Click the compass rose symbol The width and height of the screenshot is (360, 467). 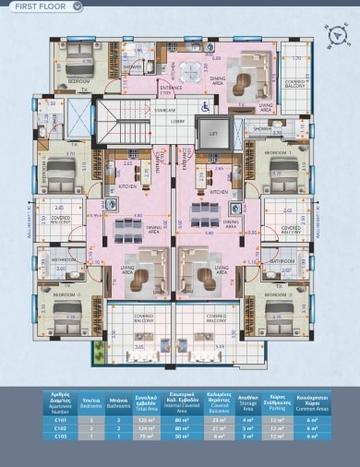(x=340, y=35)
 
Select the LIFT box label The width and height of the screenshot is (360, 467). (x=212, y=135)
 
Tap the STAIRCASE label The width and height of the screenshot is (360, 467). (x=166, y=109)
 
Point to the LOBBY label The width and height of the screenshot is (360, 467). (x=177, y=120)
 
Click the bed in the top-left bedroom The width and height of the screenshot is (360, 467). (x=82, y=55)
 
